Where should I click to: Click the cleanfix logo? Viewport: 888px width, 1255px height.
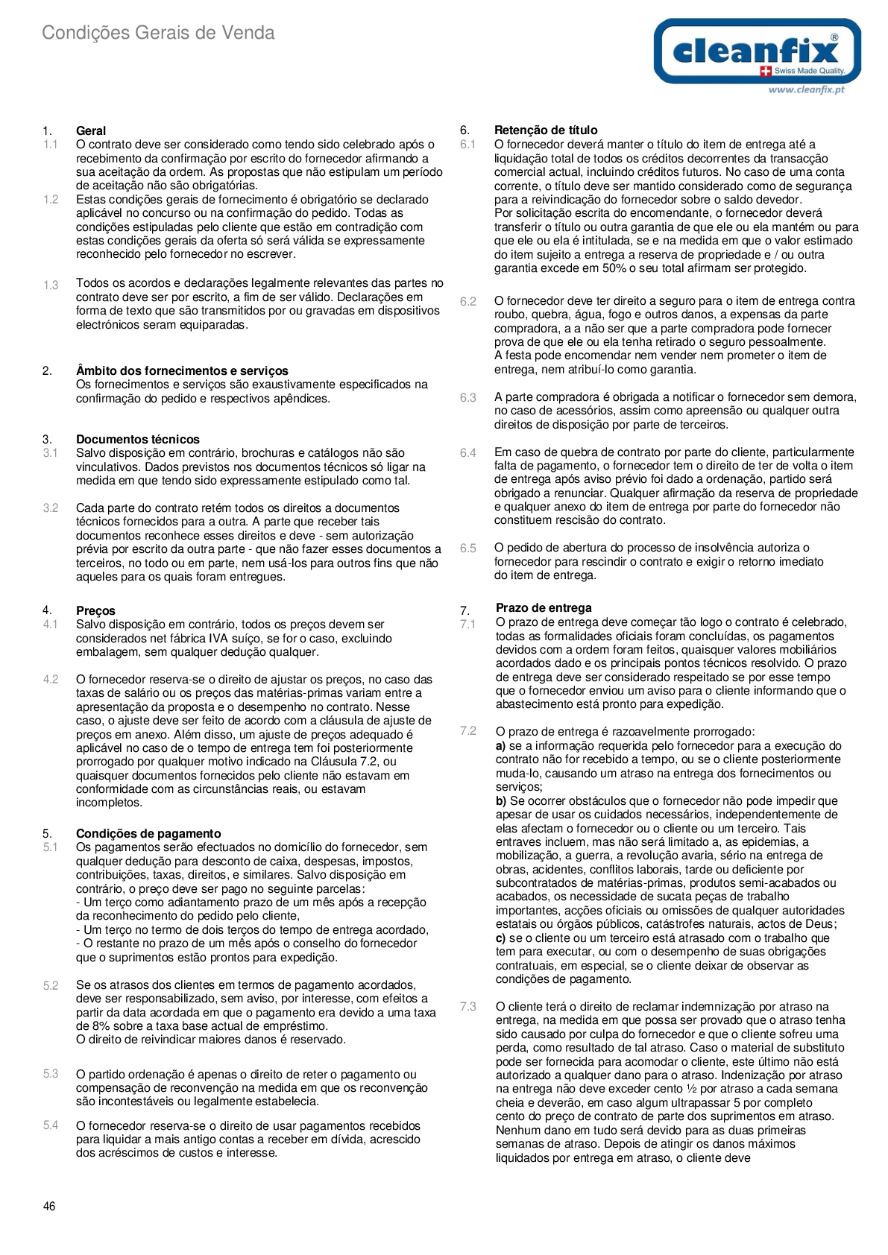coord(757,51)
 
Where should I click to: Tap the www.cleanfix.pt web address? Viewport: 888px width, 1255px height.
coord(806,89)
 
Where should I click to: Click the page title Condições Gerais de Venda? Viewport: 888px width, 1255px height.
coord(158,33)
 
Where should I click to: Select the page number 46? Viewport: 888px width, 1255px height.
coord(49,1207)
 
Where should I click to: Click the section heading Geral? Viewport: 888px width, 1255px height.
coord(91,130)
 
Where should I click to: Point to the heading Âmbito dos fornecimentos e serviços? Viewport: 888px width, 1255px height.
coord(182,370)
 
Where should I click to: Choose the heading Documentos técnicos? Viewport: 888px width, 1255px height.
coord(138,439)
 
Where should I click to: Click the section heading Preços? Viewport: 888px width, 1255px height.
coord(95,610)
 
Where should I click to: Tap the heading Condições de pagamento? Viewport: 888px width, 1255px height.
coord(148,833)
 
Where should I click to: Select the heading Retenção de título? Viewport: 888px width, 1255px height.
coord(546,130)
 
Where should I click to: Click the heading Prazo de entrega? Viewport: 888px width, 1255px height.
coord(544,608)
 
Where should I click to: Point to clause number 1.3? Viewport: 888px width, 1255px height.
coord(50,285)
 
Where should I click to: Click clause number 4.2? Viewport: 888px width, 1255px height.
coord(50,680)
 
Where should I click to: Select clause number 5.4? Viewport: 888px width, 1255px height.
coord(50,1125)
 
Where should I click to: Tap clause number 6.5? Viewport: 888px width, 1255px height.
coord(467,548)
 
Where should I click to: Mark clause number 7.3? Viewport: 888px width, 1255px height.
coord(467,1007)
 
